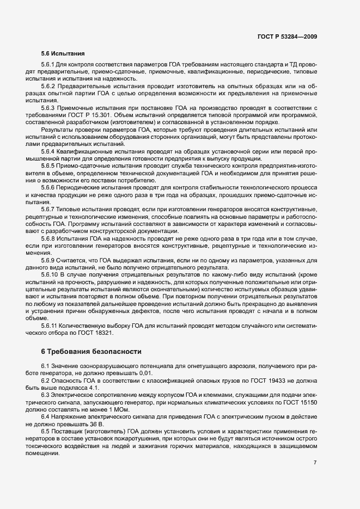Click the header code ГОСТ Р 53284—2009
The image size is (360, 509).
click(x=288, y=36)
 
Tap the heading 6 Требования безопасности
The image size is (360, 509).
click(x=91, y=352)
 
